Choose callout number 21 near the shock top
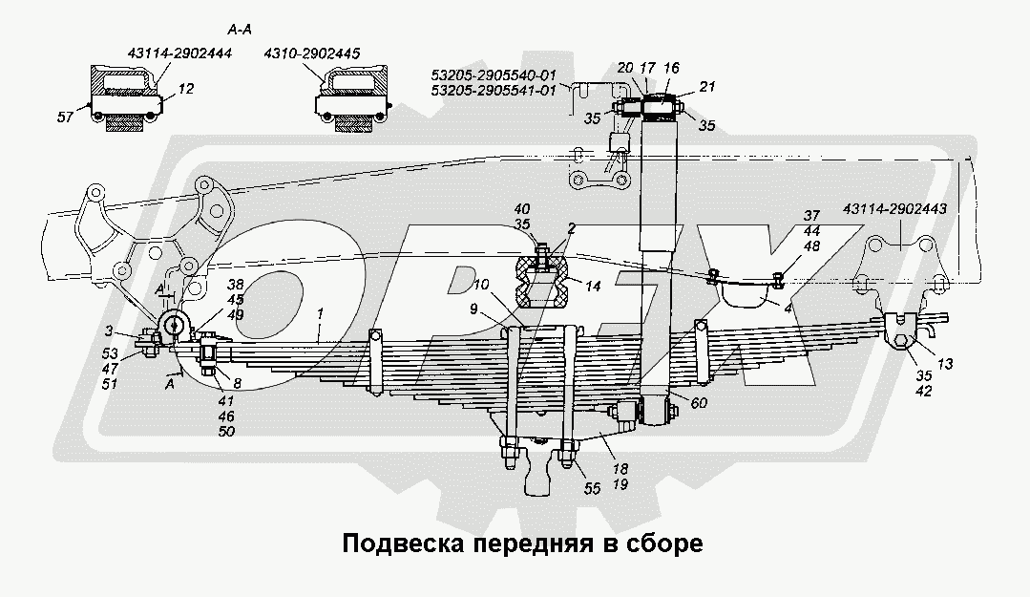pos(707,88)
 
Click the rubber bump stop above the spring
pos(541,283)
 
